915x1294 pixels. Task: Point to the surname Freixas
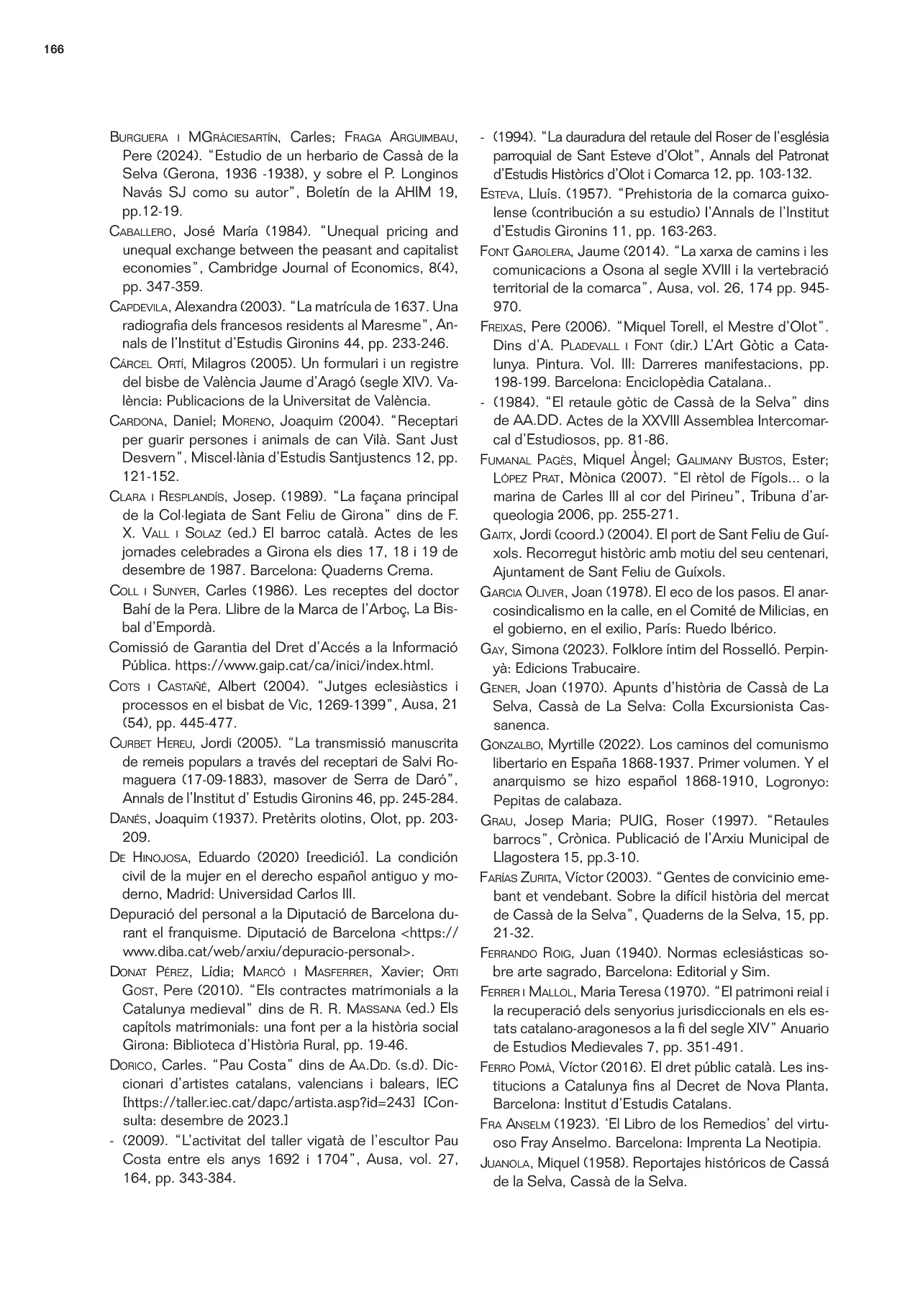[502, 327]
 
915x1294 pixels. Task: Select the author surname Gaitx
[495, 535]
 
